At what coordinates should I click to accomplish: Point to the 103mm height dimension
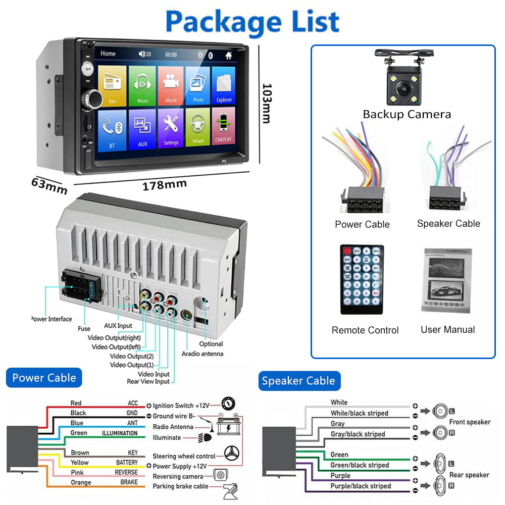(x=266, y=103)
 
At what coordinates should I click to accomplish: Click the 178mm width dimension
(x=157, y=185)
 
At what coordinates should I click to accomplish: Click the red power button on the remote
(x=346, y=250)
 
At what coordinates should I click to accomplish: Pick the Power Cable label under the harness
(x=362, y=224)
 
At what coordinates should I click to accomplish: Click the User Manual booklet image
(x=447, y=280)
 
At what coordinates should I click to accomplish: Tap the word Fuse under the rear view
(x=84, y=328)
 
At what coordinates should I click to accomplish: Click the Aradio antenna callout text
(x=202, y=353)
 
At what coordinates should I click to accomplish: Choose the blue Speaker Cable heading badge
(x=298, y=381)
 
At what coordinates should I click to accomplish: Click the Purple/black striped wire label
(x=361, y=486)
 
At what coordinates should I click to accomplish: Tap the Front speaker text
(x=470, y=422)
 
